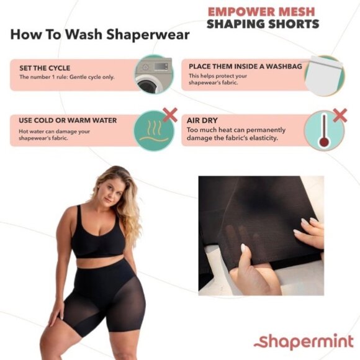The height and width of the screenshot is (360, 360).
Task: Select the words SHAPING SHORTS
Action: coord(263,24)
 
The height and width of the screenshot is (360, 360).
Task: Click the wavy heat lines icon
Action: coord(152,127)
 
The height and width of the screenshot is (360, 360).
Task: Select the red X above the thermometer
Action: coord(340,114)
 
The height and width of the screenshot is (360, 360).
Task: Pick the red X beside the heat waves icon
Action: coord(169,114)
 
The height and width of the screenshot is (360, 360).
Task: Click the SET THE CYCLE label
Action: coord(45,68)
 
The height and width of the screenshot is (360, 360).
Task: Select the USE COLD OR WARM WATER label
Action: coord(68,120)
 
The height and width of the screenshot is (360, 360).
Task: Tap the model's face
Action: coord(106,188)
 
